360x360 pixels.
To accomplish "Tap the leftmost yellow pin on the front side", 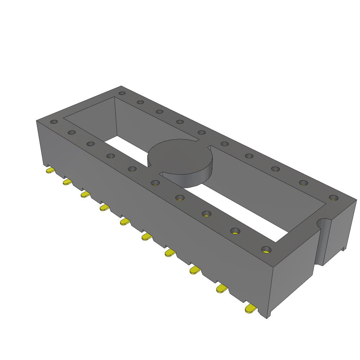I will tap(50, 171).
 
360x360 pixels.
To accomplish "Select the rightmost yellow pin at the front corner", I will tap(250, 309).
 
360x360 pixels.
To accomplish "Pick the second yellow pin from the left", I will tap(67, 182).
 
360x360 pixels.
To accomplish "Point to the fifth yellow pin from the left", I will tap(125, 221).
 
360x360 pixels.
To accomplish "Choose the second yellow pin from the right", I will tap(221, 289).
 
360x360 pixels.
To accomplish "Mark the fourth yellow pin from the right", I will tap(170, 252).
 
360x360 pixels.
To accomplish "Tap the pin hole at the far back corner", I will tap(122, 93).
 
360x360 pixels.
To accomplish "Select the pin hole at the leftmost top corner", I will tap(54, 122).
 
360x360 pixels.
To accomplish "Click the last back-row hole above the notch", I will tap(333, 198).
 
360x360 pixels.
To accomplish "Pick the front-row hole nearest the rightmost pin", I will tap(266, 250).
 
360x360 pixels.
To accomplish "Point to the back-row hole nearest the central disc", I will tap(201, 133).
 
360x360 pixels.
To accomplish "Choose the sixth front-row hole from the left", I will tap(155, 182).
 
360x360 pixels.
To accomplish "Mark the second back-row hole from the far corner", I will tap(140, 102).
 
